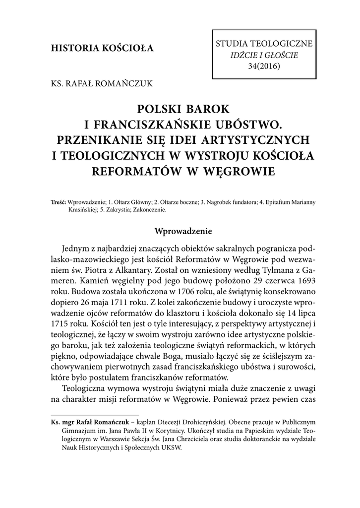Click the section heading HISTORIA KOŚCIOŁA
(102, 49)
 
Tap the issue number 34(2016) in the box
(263, 66)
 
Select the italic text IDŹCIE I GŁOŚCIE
(264, 55)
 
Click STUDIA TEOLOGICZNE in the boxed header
(264, 44)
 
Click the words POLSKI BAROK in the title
(180, 108)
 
